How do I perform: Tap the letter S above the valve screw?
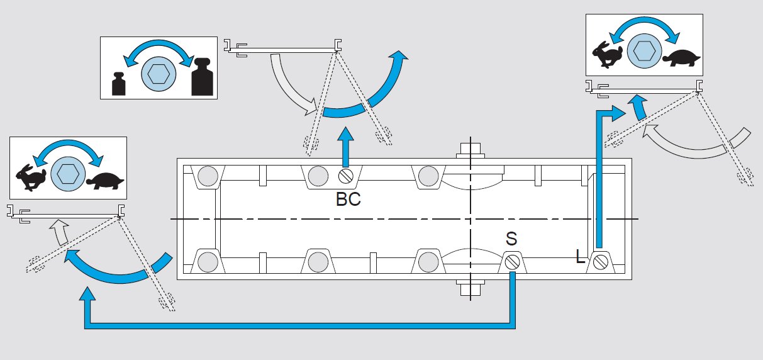(x=512, y=239)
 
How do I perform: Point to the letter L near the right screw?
(x=581, y=257)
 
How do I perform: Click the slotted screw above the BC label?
(x=345, y=175)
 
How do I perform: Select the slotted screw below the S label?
(x=513, y=261)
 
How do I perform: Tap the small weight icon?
(x=118, y=84)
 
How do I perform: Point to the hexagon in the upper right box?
(x=644, y=50)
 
